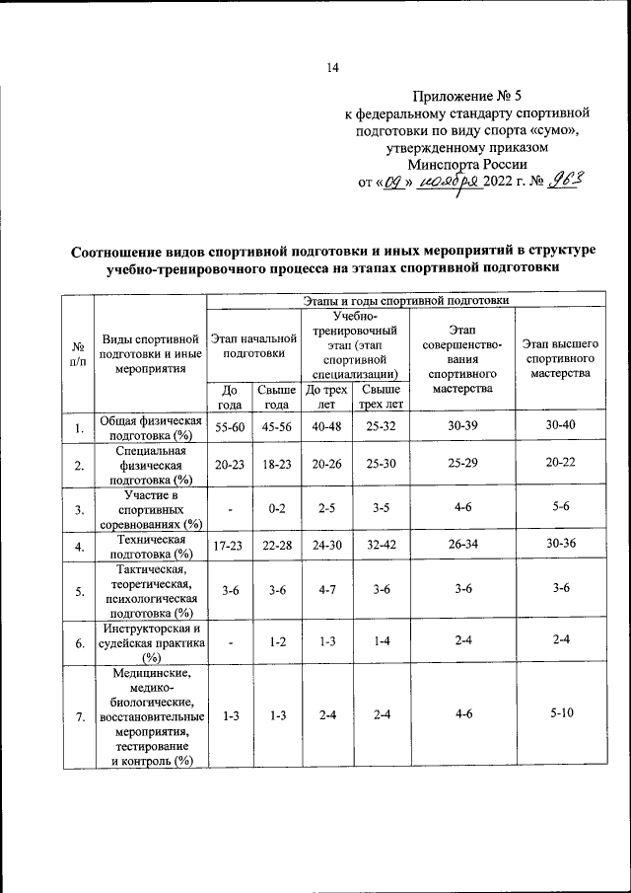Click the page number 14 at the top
332,68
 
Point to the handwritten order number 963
566,179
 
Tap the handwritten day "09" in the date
392,181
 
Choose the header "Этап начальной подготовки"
254,344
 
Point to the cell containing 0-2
277,509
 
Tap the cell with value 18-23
277,464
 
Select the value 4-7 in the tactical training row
327,590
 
